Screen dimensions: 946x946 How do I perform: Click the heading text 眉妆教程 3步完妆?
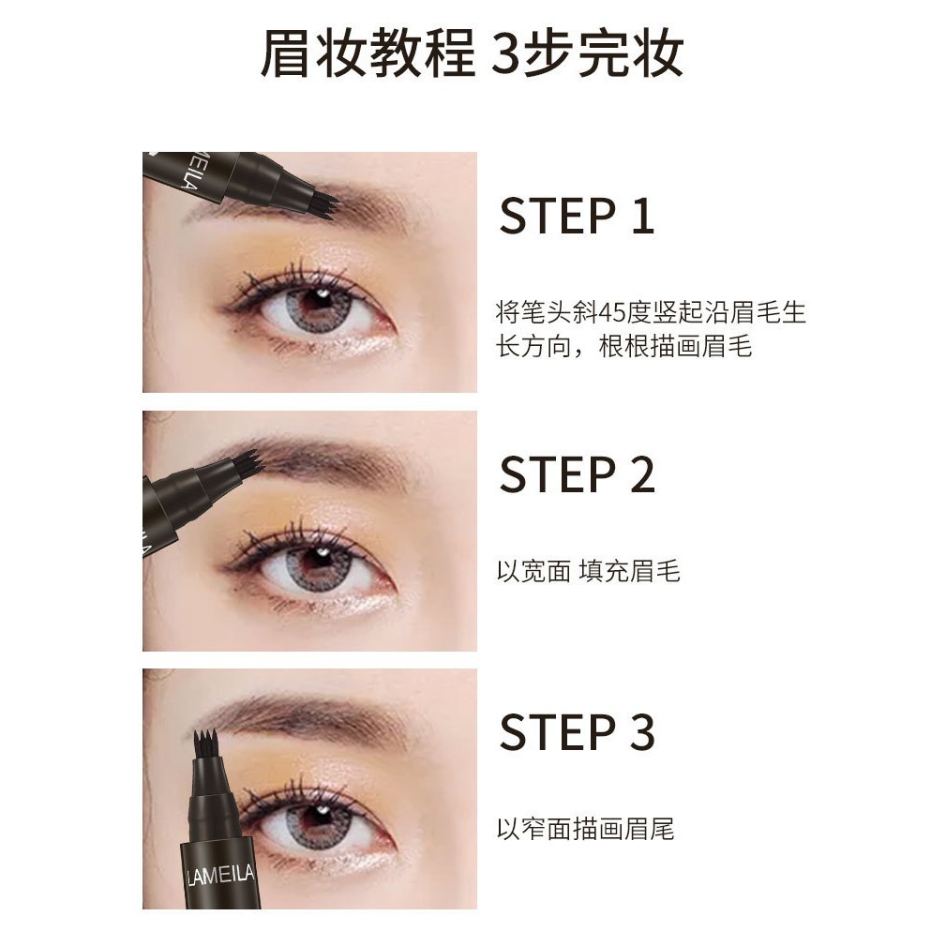[472, 54]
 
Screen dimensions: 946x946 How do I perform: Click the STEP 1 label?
[576, 216]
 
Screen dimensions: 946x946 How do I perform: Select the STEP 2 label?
[576, 474]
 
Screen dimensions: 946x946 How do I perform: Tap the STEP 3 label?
[576, 732]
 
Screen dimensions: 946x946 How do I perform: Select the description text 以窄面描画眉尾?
[585, 829]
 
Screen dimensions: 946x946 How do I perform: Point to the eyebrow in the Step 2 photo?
[328, 458]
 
